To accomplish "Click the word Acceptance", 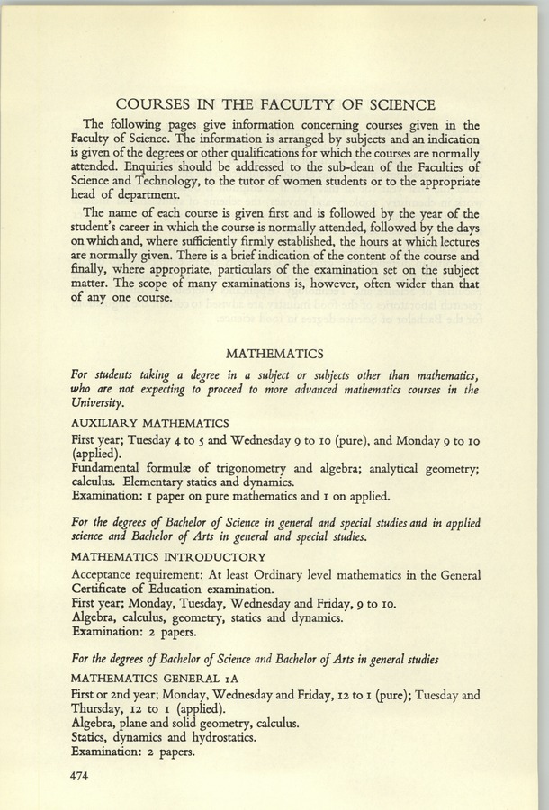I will click(x=105, y=574).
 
